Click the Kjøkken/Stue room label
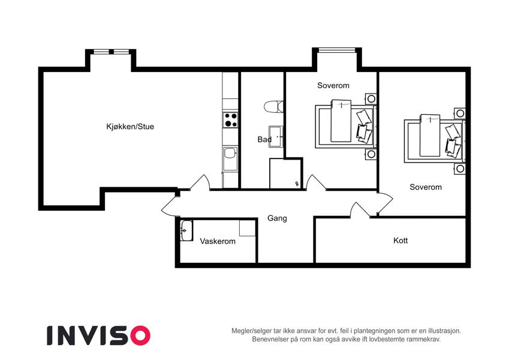[x=130, y=127]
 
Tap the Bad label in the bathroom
[x=264, y=139]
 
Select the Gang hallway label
[x=277, y=218]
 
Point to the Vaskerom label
[x=218, y=241]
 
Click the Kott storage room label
[x=400, y=241]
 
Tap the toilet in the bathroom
[x=273, y=107]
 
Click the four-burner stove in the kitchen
[x=230, y=119]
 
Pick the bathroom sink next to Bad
[x=276, y=137]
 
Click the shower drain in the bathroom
[x=297, y=184]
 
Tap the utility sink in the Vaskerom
[x=186, y=230]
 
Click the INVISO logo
[x=99, y=335]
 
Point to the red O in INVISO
[x=140, y=335]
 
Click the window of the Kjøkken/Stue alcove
[x=110, y=52]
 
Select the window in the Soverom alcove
[x=336, y=50]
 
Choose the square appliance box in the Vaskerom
[x=248, y=228]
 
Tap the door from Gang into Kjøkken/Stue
[x=199, y=182]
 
